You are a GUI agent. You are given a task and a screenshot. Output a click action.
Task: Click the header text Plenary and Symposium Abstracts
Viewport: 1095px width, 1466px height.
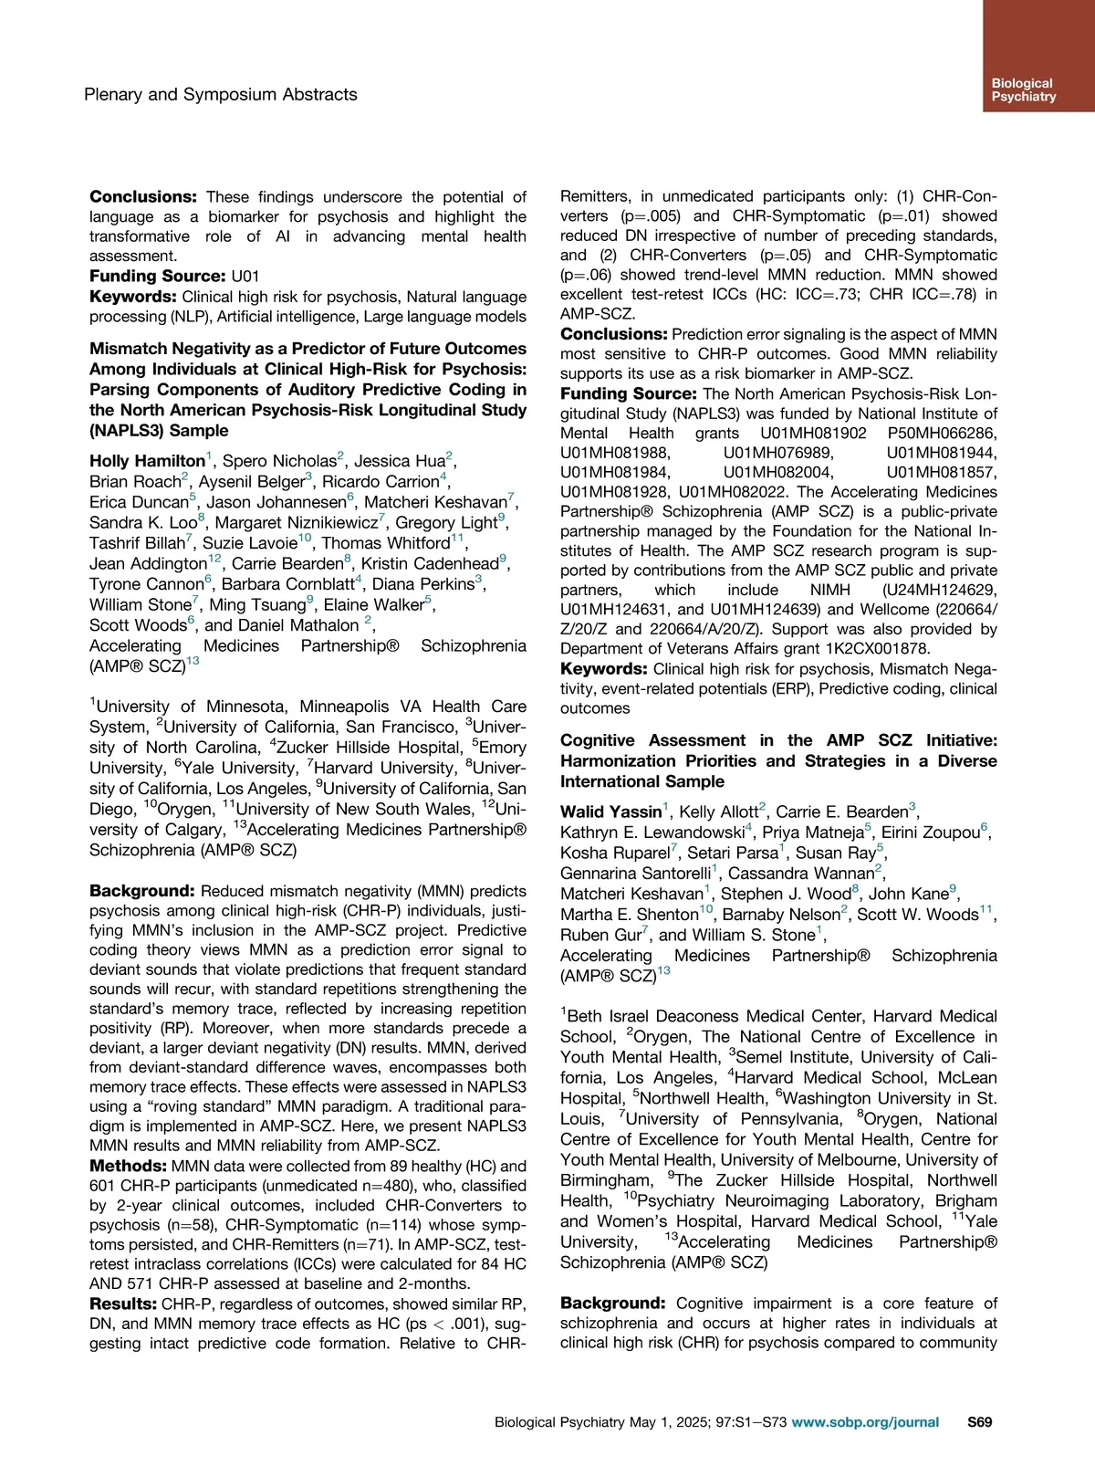coord(220,94)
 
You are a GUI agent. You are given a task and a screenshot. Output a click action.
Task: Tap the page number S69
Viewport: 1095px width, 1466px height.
coord(979,1421)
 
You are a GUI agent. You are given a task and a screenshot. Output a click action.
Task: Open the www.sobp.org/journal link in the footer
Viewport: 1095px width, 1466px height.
coord(865,1421)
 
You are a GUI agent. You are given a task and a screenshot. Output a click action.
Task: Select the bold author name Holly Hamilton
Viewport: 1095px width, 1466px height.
coord(147,461)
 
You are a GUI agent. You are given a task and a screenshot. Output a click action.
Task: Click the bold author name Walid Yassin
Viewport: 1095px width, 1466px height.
coord(610,812)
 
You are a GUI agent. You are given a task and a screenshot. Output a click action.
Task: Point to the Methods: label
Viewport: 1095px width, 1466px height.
coord(128,1166)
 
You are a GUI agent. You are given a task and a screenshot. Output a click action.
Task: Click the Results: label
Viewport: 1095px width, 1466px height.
coord(123,1304)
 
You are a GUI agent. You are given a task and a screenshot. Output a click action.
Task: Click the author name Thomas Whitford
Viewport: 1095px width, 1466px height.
coord(386,543)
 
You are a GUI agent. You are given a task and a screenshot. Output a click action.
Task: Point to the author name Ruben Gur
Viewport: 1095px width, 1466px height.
coord(600,935)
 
